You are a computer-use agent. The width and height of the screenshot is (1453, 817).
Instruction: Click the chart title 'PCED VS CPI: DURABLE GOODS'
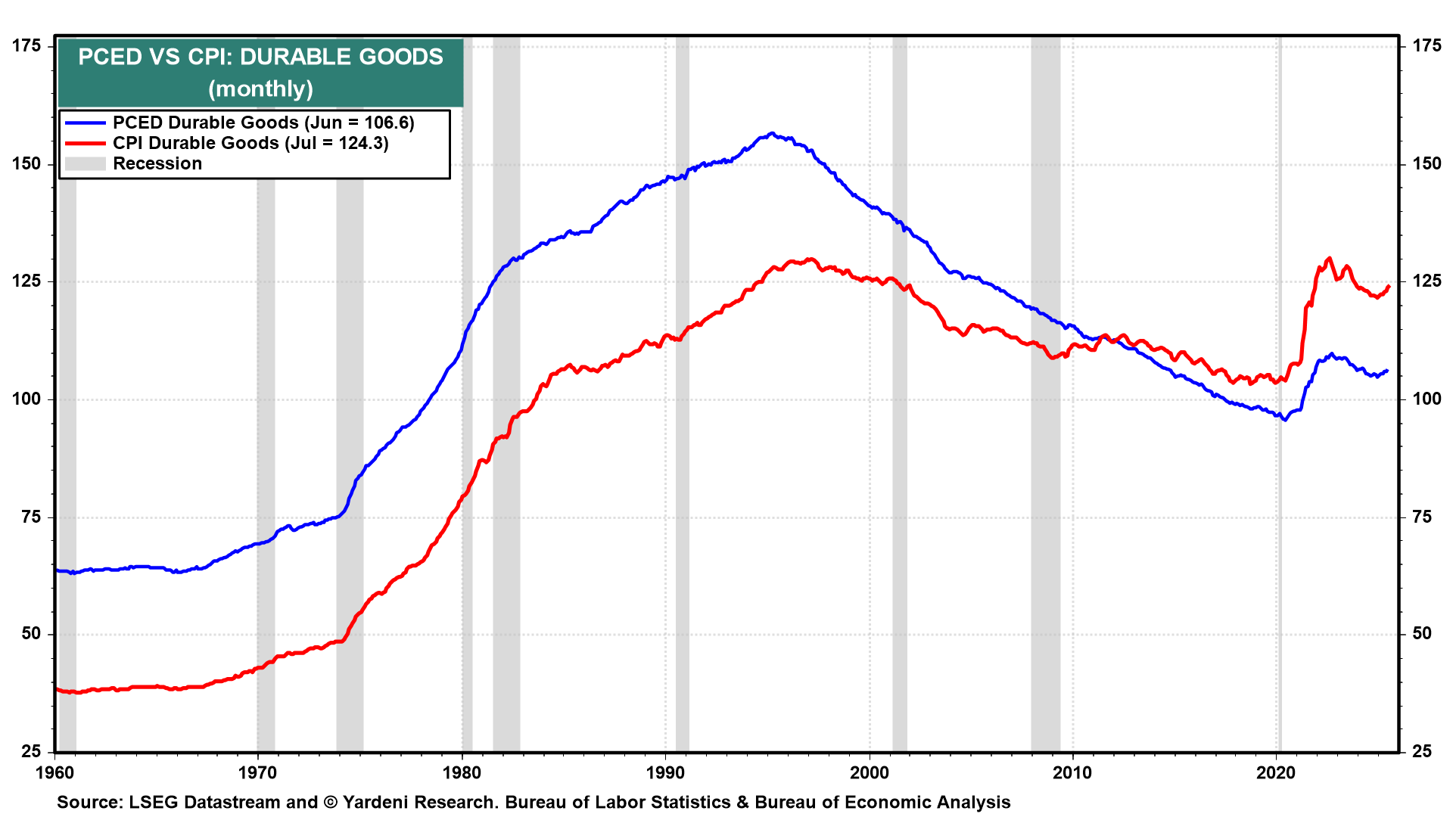260,57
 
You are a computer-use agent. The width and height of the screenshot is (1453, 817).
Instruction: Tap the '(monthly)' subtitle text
260,89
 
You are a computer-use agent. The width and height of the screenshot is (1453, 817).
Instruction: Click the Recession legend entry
157,163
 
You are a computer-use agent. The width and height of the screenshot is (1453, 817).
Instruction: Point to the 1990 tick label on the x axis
665,772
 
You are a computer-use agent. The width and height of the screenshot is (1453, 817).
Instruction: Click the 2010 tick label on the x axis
1073,772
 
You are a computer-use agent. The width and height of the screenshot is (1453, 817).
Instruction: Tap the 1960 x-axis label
55,772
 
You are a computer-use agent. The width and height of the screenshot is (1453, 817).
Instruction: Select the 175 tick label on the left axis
26,46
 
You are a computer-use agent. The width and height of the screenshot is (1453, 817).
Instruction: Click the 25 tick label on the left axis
31,751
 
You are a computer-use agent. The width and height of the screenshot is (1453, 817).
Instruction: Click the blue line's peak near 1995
771,134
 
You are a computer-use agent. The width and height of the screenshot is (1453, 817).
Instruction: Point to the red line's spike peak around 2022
1329,259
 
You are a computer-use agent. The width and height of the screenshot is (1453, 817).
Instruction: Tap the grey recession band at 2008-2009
1045,454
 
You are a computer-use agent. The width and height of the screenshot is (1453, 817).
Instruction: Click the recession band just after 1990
682,454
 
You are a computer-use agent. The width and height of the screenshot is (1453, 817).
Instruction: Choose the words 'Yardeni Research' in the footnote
419,802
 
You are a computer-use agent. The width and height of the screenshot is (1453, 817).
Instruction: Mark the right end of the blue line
1387,371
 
